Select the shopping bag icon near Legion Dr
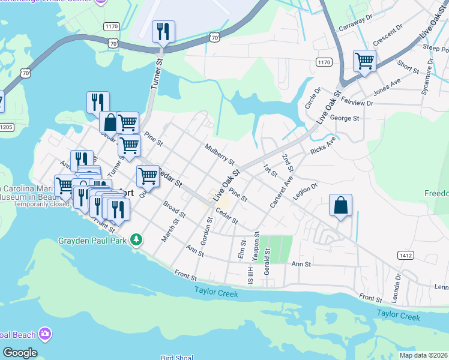[x=340, y=205]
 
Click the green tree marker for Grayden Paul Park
[x=137, y=240]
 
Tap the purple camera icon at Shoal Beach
[x=44, y=334]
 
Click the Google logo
[x=20, y=353]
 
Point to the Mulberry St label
[x=218, y=153]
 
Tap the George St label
[x=344, y=119]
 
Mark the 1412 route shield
[x=405, y=256]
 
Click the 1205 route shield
[x=5, y=127]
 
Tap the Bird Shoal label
[x=176, y=358]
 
